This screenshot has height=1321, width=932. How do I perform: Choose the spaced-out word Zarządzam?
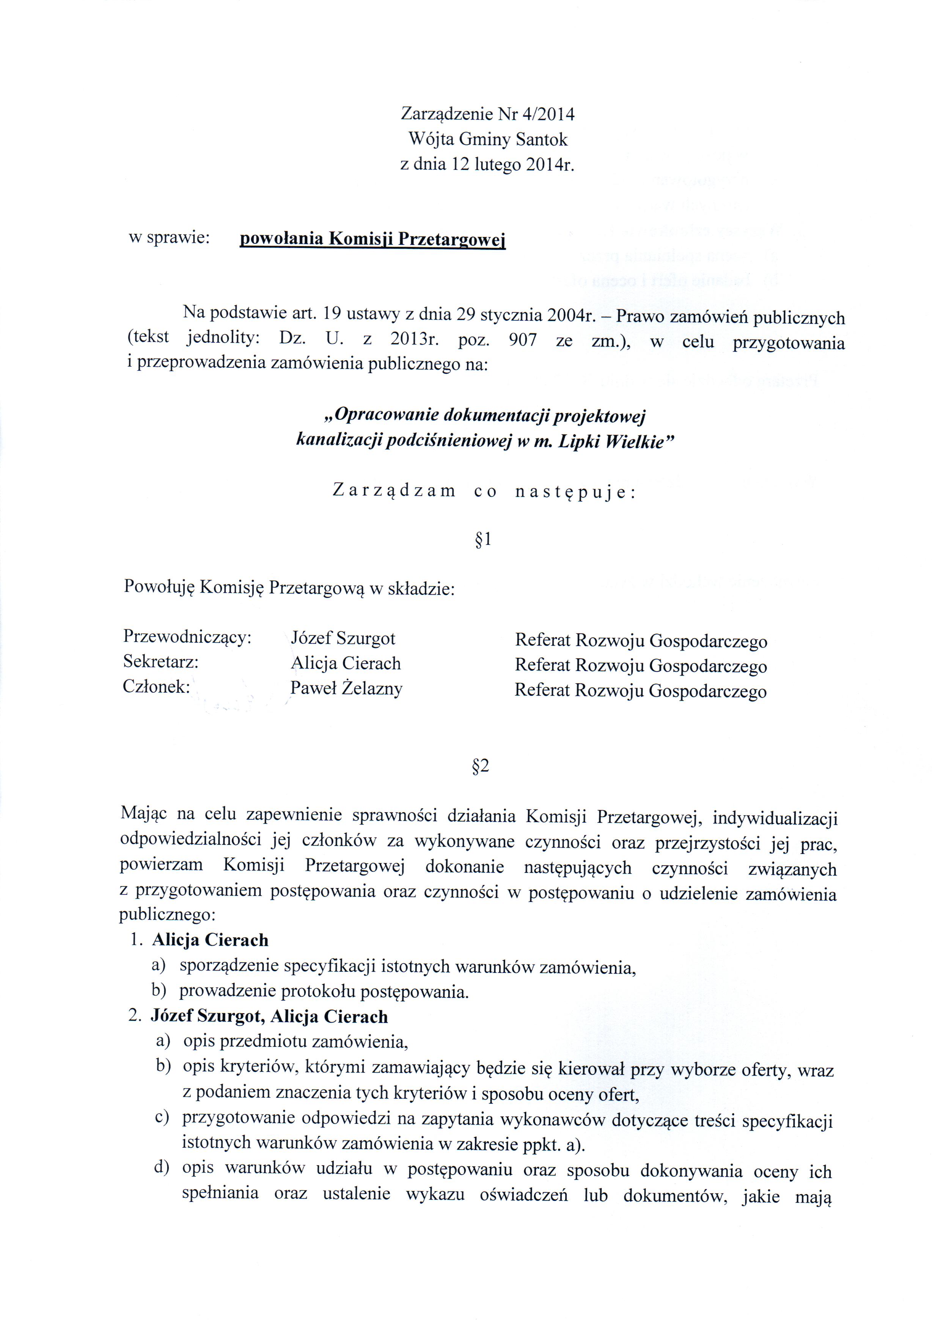[394, 491]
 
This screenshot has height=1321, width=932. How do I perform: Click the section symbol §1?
[483, 540]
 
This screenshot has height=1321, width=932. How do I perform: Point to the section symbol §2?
[480, 766]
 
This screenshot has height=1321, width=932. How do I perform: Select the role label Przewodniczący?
[188, 637]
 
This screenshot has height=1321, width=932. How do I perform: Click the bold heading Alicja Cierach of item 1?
[210, 940]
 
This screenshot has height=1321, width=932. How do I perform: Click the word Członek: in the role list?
[157, 687]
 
